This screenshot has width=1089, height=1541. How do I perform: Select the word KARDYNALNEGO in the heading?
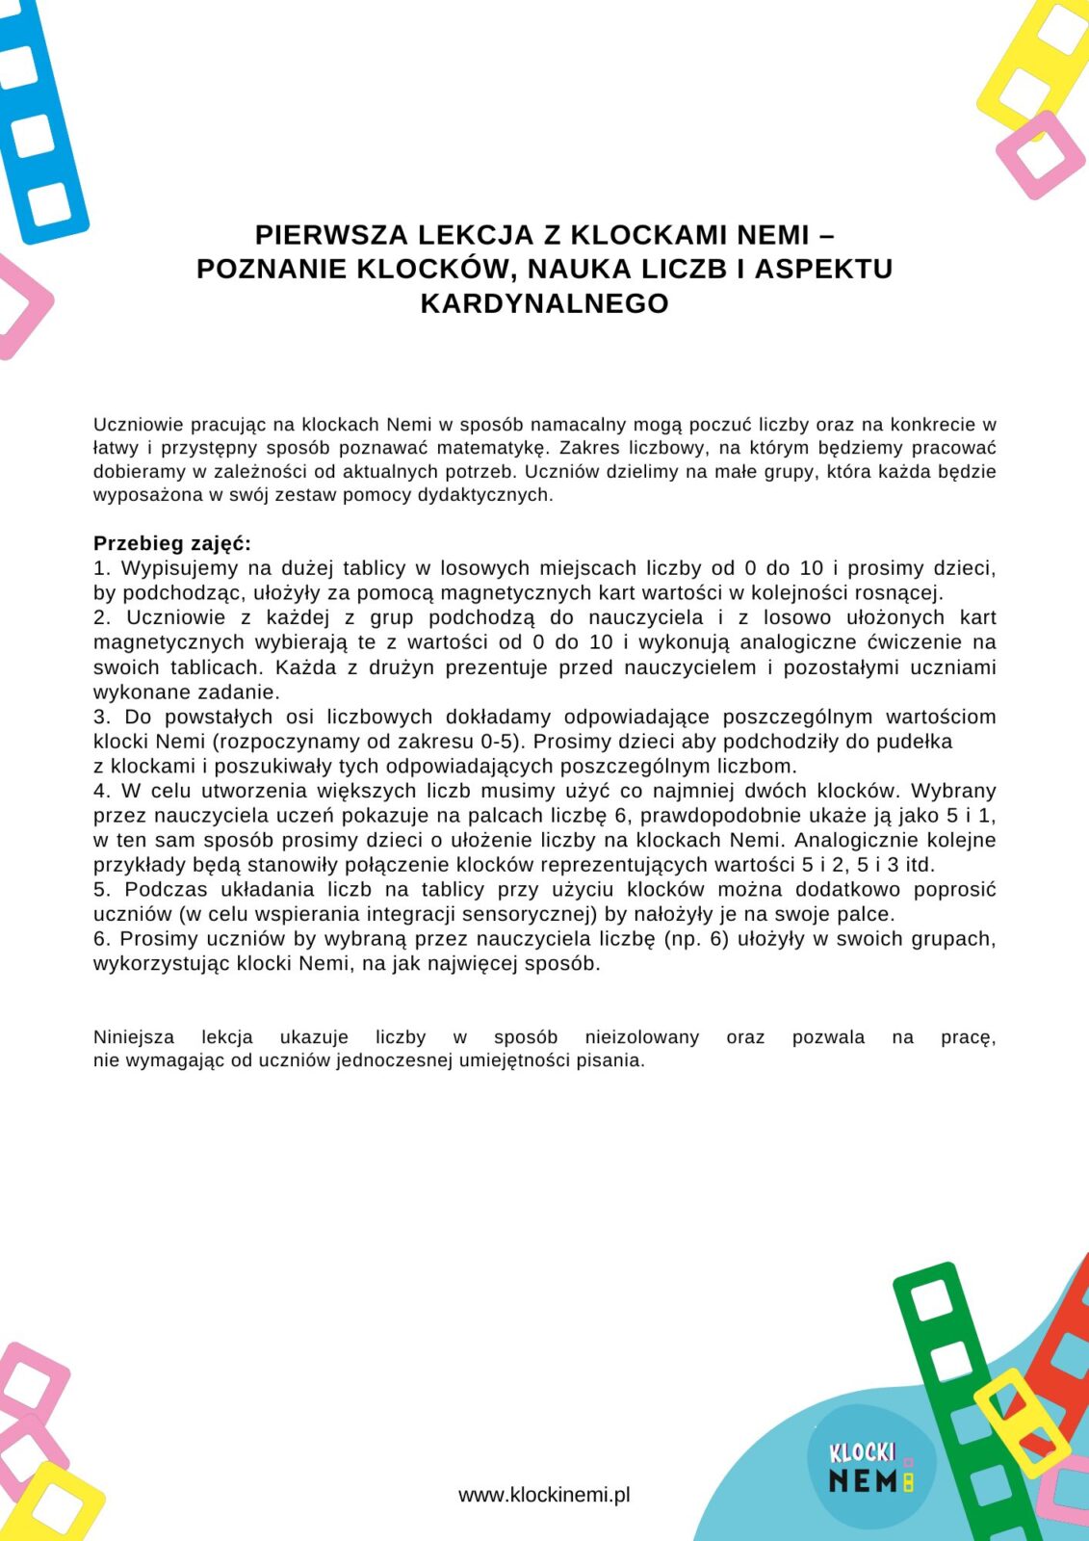click(544, 303)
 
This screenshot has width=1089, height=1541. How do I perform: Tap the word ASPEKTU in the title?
click(823, 269)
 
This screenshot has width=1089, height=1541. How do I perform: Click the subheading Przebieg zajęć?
click(171, 543)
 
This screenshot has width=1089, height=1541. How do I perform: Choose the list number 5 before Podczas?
click(100, 889)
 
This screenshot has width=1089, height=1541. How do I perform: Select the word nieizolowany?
click(641, 1037)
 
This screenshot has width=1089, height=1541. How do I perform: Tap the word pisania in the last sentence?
click(609, 1060)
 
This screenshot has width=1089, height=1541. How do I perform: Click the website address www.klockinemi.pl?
click(544, 1495)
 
